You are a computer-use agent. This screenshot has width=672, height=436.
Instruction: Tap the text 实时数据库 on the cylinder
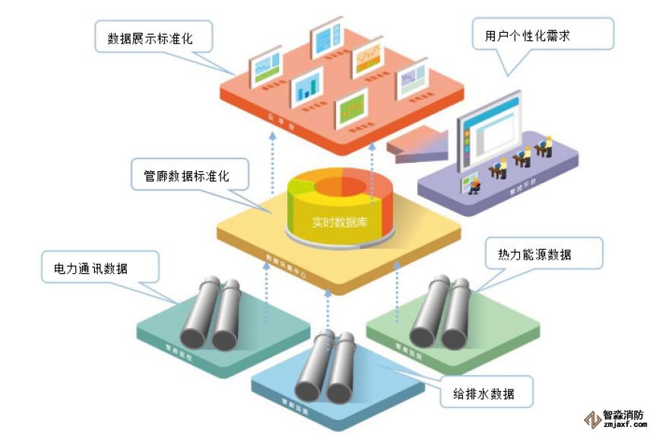[x=339, y=223]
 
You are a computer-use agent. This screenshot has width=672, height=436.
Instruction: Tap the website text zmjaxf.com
[x=623, y=427]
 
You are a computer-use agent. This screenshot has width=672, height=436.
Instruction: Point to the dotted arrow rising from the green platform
[x=397, y=293]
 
